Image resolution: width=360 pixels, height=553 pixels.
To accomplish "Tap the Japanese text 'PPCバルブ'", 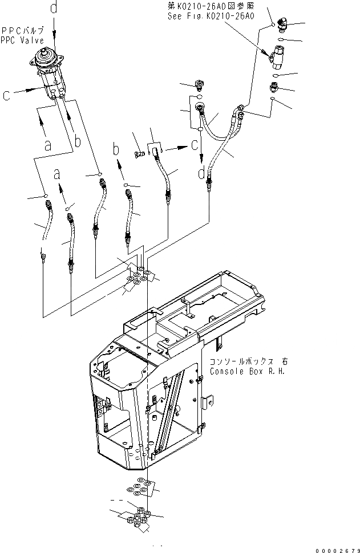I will pos(22,30).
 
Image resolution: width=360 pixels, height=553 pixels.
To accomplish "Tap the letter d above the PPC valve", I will pos(54,8).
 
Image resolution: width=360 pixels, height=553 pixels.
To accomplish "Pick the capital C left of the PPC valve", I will pos(6,96).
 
